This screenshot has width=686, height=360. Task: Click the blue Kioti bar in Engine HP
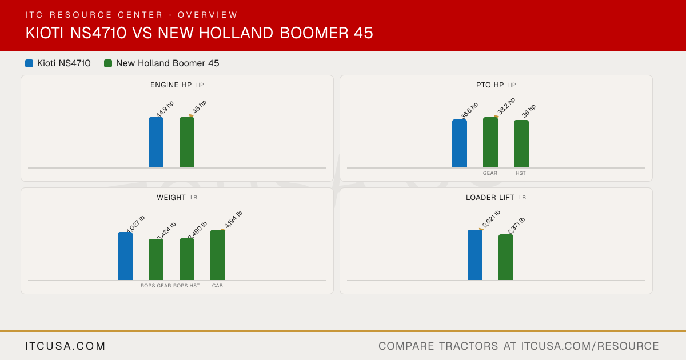click(x=156, y=142)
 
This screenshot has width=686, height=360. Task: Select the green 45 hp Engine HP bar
click(x=187, y=142)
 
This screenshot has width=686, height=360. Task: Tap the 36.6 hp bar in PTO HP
click(x=460, y=143)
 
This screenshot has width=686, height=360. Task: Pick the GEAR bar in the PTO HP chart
click(x=490, y=142)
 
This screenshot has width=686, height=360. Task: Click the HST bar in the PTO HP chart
click(x=521, y=144)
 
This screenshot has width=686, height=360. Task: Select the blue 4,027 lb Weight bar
click(x=125, y=256)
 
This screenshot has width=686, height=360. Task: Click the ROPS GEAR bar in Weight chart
click(x=156, y=259)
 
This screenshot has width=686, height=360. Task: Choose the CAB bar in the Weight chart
click(x=218, y=255)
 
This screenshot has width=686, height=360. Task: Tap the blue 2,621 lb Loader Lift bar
click(x=475, y=255)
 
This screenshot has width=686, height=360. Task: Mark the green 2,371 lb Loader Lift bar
click(x=506, y=258)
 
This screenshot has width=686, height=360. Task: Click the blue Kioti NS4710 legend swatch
click(x=29, y=63)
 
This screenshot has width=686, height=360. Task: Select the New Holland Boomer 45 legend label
click(x=167, y=63)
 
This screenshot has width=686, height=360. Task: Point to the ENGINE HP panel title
click(x=171, y=85)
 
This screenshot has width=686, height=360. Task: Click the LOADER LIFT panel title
click(x=490, y=198)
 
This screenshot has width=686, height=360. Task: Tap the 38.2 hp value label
click(x=506, y=106)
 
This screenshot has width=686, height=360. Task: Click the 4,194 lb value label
click(x=233, y=219)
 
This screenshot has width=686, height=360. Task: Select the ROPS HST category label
click(x=186, y=286)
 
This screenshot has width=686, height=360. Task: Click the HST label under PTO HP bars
click(x=521, y=173)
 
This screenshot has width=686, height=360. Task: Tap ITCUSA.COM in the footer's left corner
click(x=65, y=346)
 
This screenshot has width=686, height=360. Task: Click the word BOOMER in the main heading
click(x=314, y=33)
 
